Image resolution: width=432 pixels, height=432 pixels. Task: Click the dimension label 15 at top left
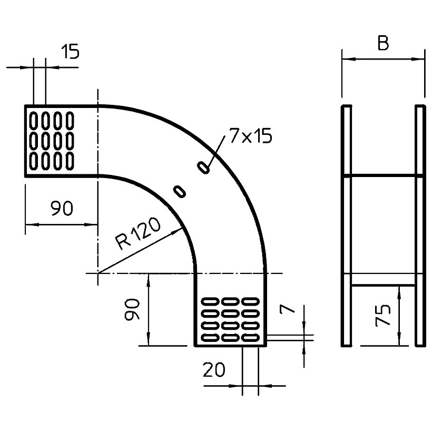(x=70, y=52)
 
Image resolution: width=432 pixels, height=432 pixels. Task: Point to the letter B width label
(x=383, y=44)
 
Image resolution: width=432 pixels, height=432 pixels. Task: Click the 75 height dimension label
(x=383, y=315)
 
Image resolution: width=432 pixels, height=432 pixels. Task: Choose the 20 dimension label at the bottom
(x=214, y=370)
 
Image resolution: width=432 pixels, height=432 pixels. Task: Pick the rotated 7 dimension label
(x=287, y=309)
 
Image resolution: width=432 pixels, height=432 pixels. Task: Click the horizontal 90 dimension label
(x=62, y=208)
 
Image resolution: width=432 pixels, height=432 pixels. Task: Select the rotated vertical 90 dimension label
(x=132, y=309)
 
